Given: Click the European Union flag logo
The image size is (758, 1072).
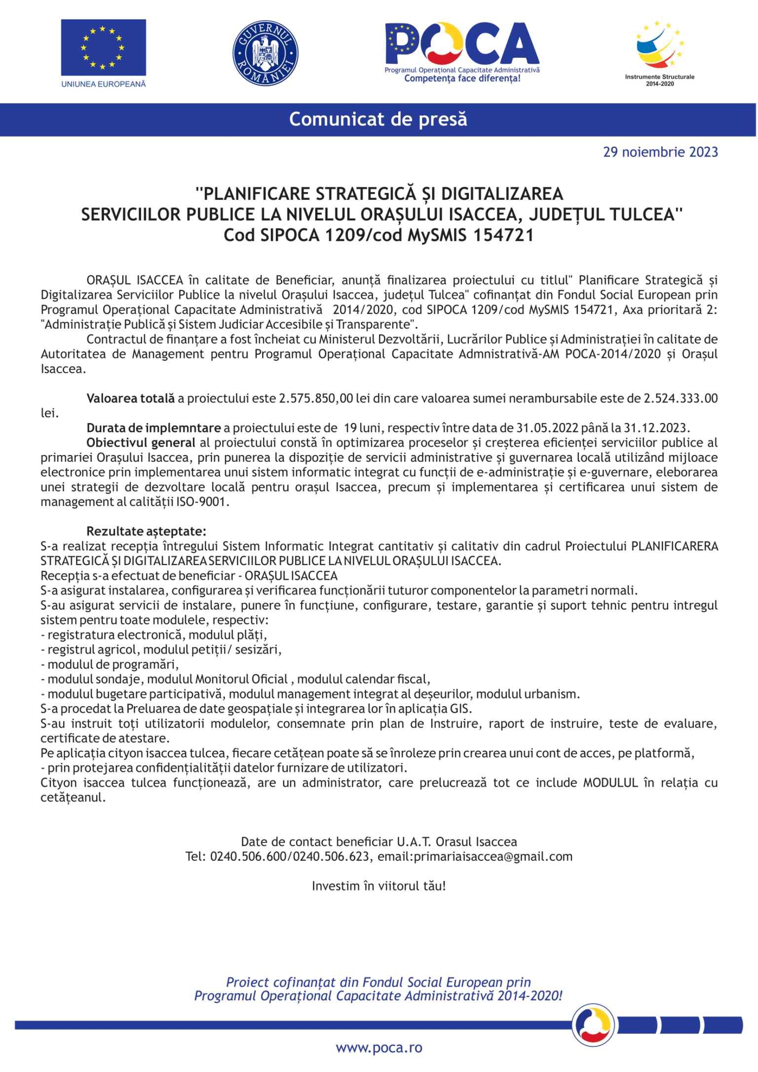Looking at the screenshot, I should click(x=103, y=47).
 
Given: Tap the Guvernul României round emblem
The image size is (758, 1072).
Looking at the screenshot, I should click(x=265, y=53).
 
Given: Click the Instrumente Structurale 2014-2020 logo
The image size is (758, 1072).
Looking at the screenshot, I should click(x=659, y=52).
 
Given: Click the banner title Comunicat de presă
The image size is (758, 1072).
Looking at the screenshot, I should click(x=378, y=119).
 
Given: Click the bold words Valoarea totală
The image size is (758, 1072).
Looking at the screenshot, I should click(x=130, y=398).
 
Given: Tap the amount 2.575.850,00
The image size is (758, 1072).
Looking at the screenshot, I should click(x=316, y=398).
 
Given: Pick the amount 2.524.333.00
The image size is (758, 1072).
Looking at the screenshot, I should click(x=680, y=398).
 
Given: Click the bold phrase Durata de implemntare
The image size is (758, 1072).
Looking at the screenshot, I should click(x=153, y=428).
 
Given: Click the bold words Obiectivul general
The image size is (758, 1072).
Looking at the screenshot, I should click(x=141, y=443).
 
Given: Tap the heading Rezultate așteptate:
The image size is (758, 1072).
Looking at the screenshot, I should click(x=146, y=532).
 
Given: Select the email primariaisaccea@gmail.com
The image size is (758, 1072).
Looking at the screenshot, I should click(x=493, y=856).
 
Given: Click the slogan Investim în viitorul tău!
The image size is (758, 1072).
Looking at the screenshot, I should click(x=379, y=886).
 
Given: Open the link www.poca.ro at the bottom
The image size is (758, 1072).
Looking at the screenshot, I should click(x=379, y=1048).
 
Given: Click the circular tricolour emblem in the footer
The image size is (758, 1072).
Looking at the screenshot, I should click(x=593, y=1025).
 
